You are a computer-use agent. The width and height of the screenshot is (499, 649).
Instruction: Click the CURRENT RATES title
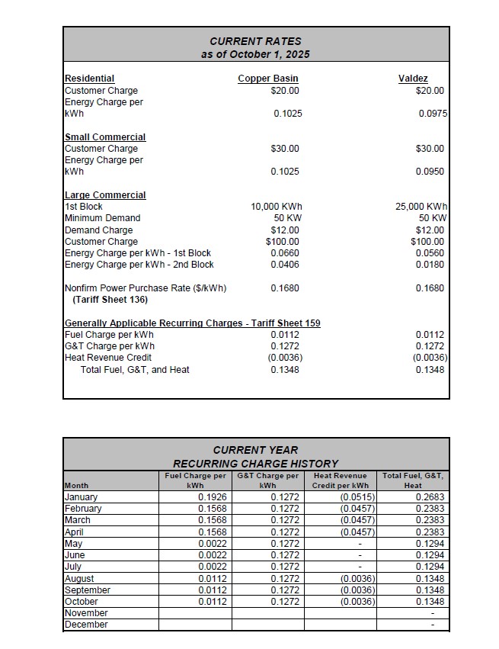tap(256, 41)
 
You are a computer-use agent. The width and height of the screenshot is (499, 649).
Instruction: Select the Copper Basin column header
tap(268, 79)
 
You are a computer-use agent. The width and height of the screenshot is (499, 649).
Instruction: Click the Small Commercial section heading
tap(105, 137)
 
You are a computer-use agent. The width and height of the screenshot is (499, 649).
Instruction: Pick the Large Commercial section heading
tap(105, 195)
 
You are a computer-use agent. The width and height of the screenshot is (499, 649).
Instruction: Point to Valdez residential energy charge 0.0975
tap(432, 114)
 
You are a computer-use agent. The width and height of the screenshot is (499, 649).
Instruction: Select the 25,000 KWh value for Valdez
tap(422, 207)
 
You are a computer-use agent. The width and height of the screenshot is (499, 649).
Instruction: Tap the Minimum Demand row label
tap(102, 218)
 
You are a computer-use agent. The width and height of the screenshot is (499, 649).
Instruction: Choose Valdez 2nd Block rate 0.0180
tap(432, 265)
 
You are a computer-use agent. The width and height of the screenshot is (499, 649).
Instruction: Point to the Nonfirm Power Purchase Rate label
tap(145, 288)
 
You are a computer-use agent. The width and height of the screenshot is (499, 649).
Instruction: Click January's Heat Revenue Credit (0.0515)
tap(358, 497)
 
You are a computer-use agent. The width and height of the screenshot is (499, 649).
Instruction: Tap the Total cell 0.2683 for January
tap(430, 497)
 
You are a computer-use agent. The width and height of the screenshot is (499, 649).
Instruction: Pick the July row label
tap(73, 567)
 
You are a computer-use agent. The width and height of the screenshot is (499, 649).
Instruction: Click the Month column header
tap(76, 485)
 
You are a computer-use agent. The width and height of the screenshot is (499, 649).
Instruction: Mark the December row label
tap(86, 625)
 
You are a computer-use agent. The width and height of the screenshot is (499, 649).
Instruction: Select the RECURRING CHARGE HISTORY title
tap(256, 463)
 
